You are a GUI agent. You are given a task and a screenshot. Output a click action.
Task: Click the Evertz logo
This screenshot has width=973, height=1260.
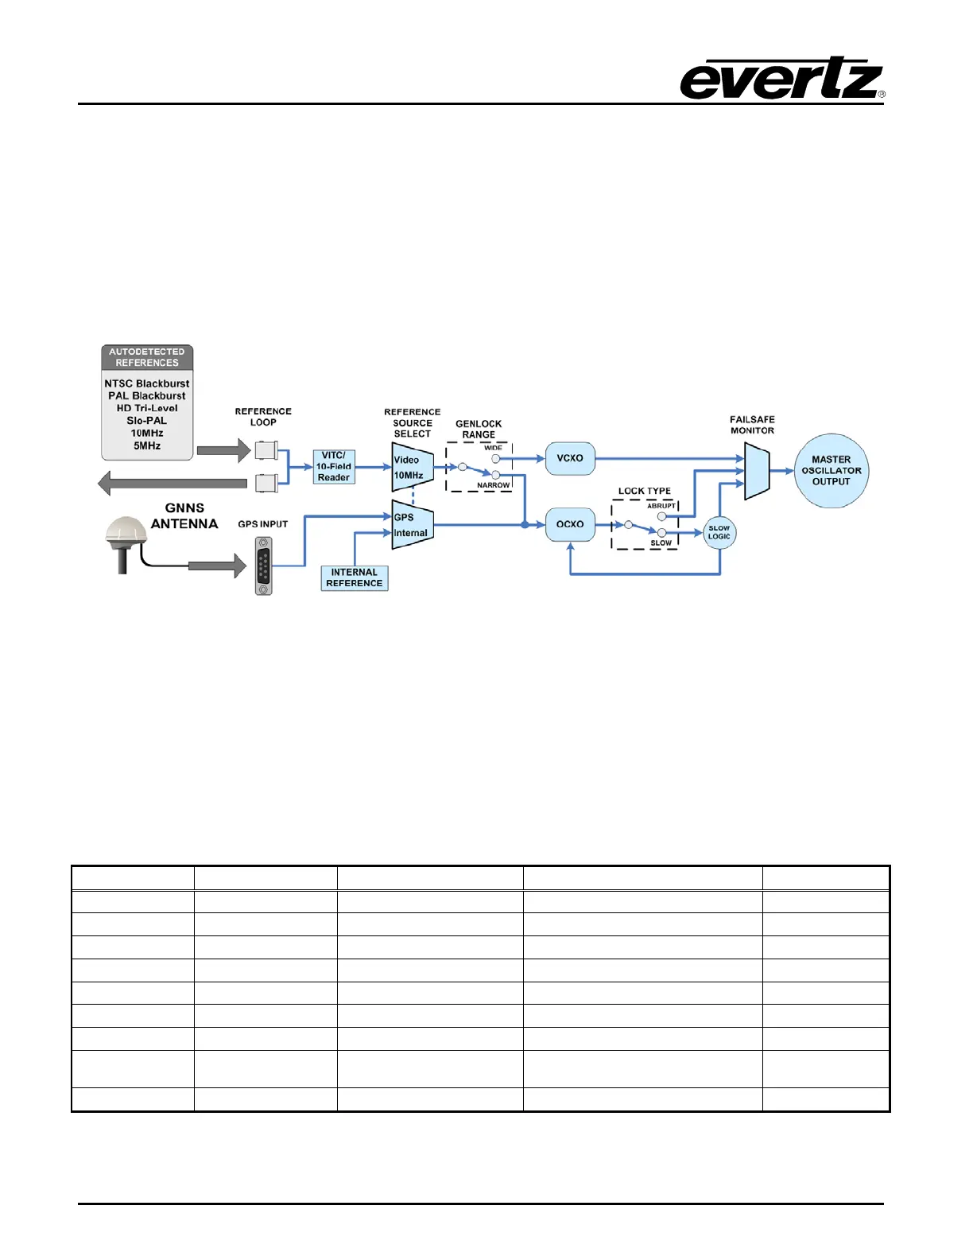(x=782, y=79)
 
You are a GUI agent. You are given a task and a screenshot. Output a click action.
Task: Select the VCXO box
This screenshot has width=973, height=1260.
(x=570, y=459)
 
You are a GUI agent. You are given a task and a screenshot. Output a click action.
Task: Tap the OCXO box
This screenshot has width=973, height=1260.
(x=570, y=525)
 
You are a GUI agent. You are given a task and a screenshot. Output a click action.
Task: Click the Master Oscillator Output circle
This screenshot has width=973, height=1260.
(x=832, y=471)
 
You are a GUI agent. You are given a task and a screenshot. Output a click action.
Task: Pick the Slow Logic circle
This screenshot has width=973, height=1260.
(x=719, y=533)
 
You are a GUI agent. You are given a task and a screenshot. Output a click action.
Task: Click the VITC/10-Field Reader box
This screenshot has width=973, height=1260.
(x=334, y=467)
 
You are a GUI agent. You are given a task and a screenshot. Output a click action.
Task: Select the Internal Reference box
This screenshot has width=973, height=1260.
(x=355, y=578)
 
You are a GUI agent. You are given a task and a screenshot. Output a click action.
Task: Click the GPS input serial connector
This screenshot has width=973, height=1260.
(x=263, y=566)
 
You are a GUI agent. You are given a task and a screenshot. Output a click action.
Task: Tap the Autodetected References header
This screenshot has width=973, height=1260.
(x=147, y=357)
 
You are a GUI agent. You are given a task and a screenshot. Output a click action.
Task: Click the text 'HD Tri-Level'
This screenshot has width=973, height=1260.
(x=147, y=408)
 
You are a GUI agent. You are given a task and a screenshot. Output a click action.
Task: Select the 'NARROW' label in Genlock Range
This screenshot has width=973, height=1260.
(x=493, y=485)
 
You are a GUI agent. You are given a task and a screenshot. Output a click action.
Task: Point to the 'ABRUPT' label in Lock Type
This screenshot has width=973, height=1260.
(x=661, y=506)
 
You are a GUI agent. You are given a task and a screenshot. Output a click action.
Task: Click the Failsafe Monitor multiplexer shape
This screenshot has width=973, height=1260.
(x=757, y=472)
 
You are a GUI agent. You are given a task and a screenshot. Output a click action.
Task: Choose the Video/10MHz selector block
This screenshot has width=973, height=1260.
(x=412, y=468)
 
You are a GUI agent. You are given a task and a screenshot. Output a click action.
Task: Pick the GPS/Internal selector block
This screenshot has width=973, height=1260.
(x=412, y=525)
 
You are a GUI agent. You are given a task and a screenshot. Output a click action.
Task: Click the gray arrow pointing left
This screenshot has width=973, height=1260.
(x=172, y=483)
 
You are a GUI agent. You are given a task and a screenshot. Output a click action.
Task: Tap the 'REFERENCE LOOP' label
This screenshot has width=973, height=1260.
(x=263, y=417)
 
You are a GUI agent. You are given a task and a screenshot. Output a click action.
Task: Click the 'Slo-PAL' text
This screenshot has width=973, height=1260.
(x=147, y=421)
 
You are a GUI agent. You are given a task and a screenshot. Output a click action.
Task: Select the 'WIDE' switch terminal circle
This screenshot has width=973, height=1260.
(x=496, y=459)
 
